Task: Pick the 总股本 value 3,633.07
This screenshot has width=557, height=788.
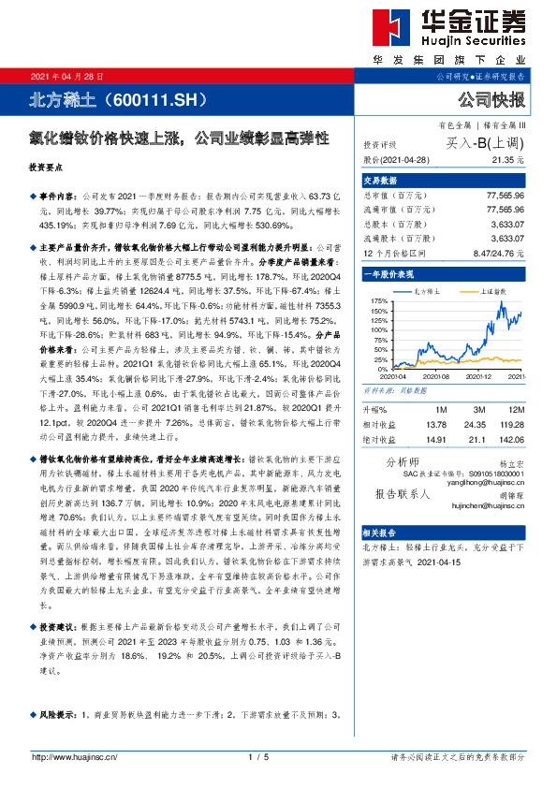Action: pos(510,225)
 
